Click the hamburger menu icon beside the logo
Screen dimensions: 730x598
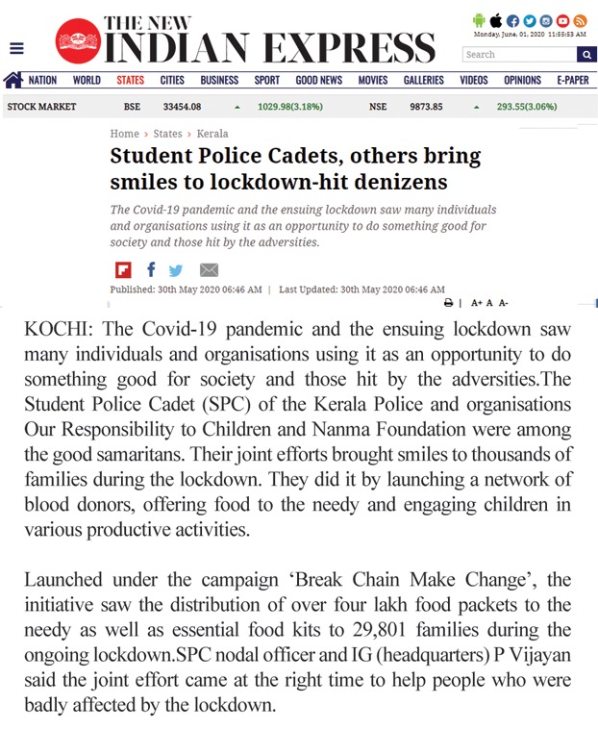pos(16,48)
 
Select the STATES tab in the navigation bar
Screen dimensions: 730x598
pos(131,81)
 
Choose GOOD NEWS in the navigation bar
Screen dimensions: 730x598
pos(318,81)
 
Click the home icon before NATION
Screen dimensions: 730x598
pos(13,80)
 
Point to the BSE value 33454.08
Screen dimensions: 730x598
pos(183,107)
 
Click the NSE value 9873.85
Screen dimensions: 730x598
pos(426,107)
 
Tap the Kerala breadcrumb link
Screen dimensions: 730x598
pos(212,134)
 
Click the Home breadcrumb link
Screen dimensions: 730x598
pos(125,134)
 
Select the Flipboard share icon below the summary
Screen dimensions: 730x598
pos(123,269)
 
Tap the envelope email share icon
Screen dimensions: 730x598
pos(209,269)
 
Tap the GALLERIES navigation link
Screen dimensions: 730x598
pos(423,81)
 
